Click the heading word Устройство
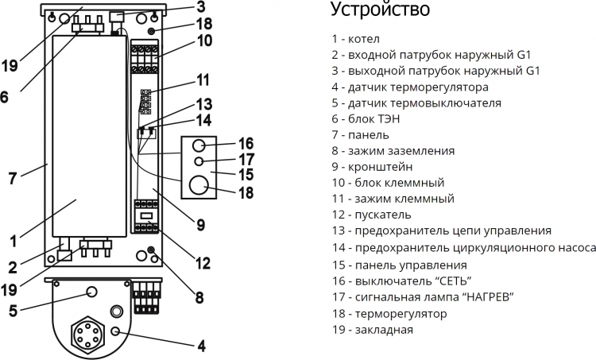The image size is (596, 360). click(x=380, y=9)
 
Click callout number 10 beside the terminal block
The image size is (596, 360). click(x=204, y=41)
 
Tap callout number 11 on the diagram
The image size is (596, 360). click(x=203, y=80)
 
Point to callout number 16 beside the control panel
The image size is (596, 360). click(x=246, y=144)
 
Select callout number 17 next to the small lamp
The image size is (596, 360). click(x=246, y=159)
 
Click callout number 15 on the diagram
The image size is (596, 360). click(x=246, y=175)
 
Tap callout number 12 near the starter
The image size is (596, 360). click(x=203, y=263)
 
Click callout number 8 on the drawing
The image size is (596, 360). click(x=199, y=298)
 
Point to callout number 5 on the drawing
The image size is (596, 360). click(x=13, y=311)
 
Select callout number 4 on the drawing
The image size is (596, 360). click(x=202, y=346)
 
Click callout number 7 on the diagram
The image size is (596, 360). click(x=13, y=178)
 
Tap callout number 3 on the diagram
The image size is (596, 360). click(x=201, y=6)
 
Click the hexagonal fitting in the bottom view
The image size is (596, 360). click(x=87, y=332)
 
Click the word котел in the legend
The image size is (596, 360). click(x=364, y=39)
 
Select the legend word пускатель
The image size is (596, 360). click(x=383, y=215)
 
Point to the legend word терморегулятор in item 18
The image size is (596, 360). click(x=401, y=315)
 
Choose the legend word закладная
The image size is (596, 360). click(x=384, y=330)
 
